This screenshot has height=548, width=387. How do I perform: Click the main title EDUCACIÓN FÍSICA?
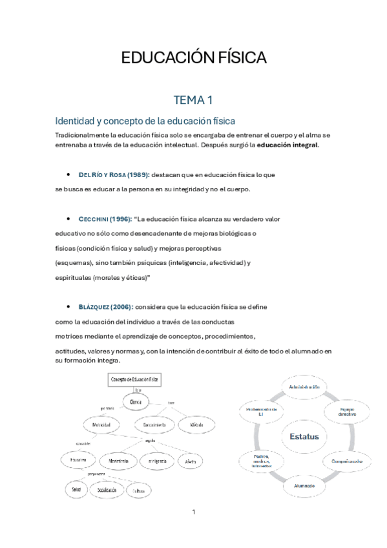(x=194, y=58)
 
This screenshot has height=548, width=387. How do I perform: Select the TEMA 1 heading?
(x=193, y=100)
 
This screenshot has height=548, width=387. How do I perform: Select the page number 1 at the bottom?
(x=193, y=512)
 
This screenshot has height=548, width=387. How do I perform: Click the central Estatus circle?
(x=304, y=437)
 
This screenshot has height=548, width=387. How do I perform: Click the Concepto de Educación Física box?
(x=136, y=380)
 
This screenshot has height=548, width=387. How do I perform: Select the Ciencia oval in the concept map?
(x=136, y=402)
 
